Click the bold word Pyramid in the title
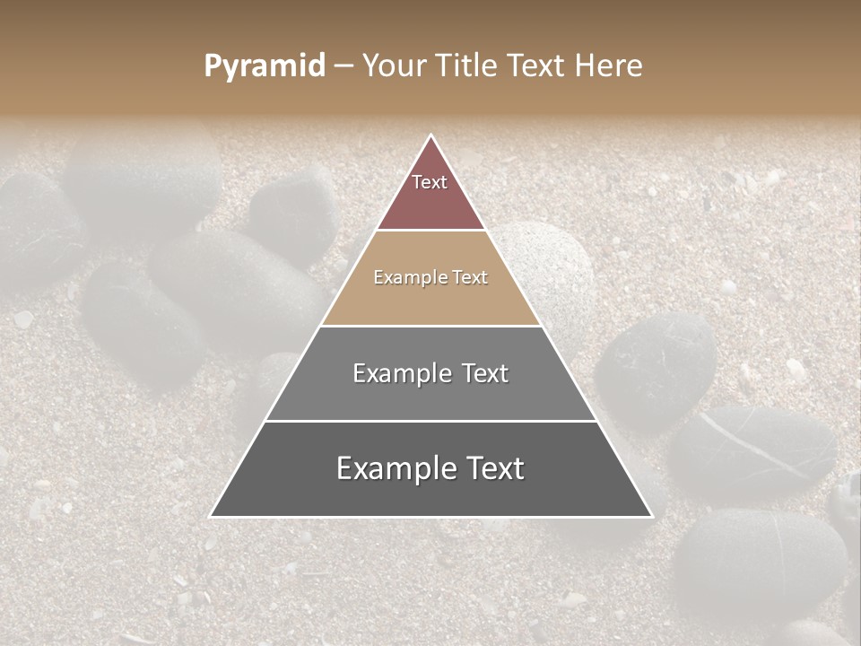coord(264,66)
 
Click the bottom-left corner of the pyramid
coord(212,516)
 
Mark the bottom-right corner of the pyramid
coord(651,516)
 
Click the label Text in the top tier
coord(430,182)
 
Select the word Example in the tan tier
coord(408,277)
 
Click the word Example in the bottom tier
coord(392,468)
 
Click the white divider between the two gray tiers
coord(430,421)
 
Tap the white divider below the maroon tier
coord(430,231)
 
